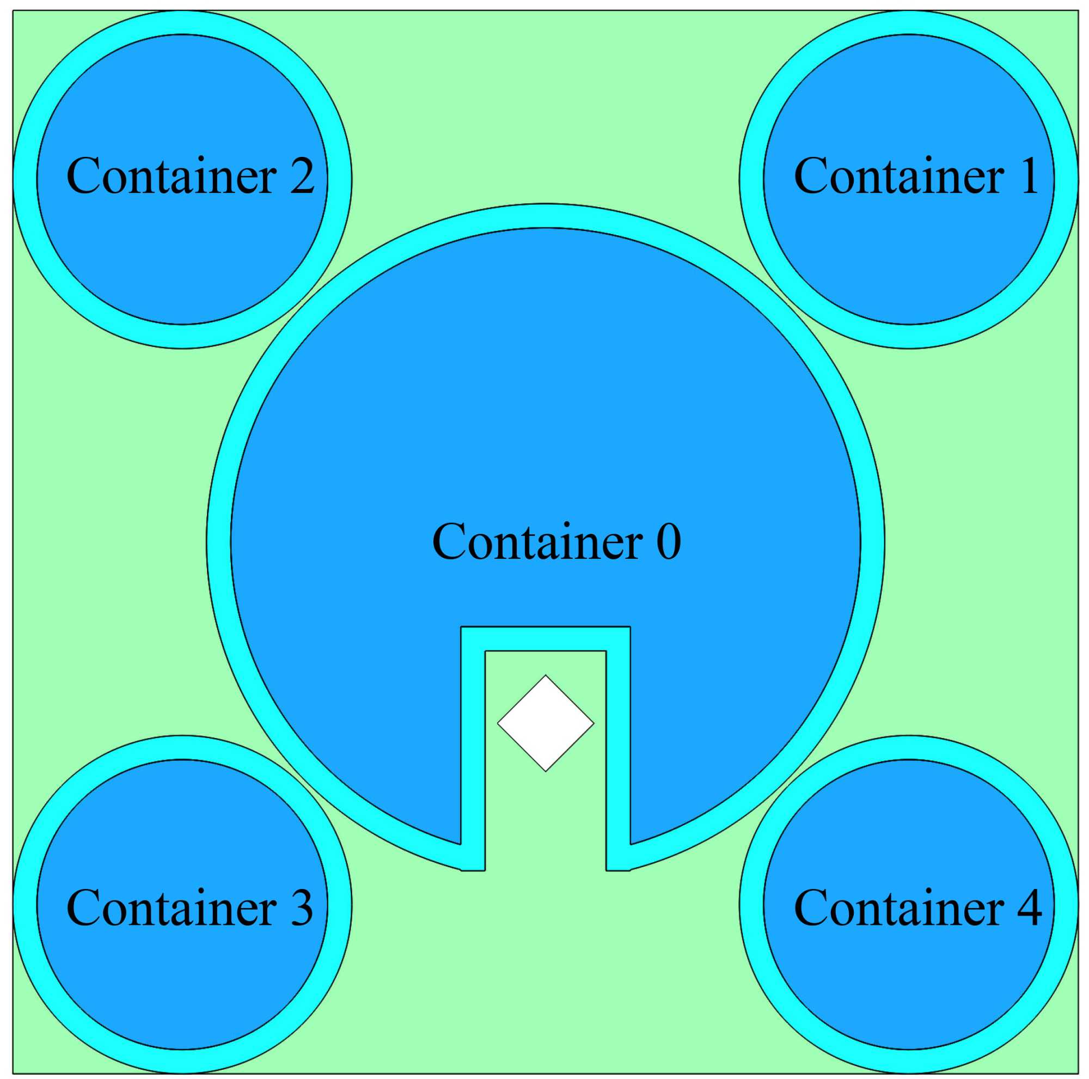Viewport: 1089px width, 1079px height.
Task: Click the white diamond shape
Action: point(545,723)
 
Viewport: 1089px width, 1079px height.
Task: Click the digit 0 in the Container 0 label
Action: point(669,541)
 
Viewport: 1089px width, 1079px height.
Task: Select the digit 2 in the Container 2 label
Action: point(302,176)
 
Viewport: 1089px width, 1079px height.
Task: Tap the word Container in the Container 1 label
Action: point(898,176)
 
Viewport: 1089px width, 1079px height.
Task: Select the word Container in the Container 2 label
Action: point(172,176)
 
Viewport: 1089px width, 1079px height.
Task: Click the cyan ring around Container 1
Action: point(909,22)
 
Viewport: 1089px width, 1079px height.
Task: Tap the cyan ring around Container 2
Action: point(182,22)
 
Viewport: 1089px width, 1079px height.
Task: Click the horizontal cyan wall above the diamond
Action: point(545,639)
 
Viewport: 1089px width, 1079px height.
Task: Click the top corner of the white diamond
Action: point(545,676)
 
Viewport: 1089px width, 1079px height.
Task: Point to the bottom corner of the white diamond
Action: point(545,770)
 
